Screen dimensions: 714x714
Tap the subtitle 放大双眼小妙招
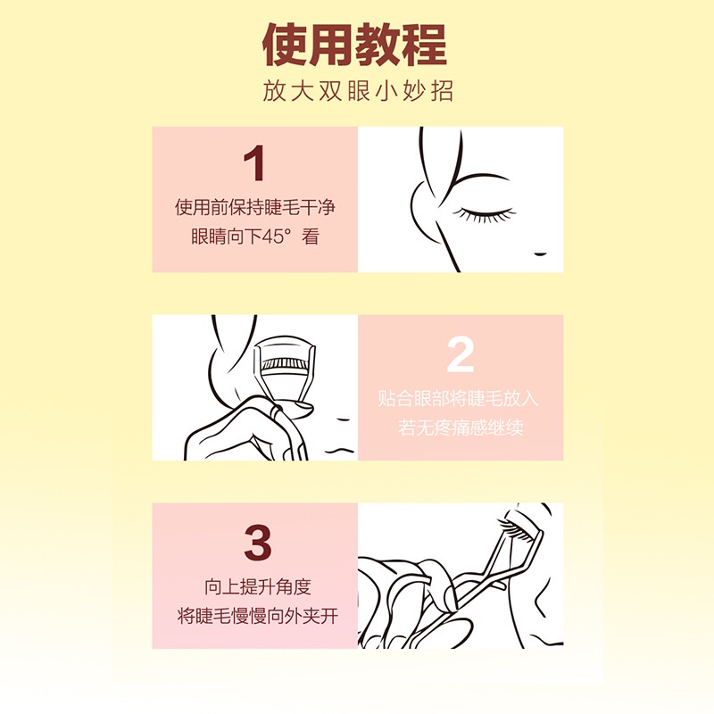357,93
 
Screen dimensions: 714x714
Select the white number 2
460,355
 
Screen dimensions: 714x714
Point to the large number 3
256,543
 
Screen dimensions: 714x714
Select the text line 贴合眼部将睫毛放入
460,397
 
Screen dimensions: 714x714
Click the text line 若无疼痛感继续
460,428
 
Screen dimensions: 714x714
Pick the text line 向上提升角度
255,586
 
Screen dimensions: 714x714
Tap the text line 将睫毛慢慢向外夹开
255,617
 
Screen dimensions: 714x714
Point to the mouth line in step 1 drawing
540,253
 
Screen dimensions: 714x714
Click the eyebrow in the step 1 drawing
482,177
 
